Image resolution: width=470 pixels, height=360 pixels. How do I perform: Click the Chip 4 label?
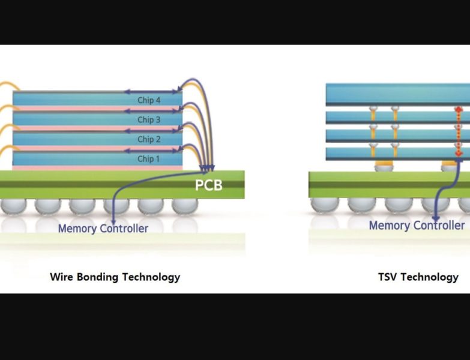(149, 100)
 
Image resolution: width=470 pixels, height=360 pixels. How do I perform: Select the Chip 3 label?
(149, 119)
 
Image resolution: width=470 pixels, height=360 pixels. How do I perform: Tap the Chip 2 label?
(149, 139)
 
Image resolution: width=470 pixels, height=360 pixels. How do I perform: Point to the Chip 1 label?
(149, 159)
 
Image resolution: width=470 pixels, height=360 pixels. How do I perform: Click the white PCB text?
(208, 185)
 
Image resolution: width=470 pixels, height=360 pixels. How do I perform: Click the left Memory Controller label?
(103, 228)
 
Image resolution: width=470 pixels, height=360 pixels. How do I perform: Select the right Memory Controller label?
(417, 226)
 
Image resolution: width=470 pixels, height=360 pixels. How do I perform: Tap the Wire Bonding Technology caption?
(115, 277)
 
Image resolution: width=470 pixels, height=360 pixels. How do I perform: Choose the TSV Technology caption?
(418, 277)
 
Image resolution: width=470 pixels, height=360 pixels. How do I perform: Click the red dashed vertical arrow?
(459, 131)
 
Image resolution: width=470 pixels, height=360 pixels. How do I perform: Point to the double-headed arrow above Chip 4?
(152, 92)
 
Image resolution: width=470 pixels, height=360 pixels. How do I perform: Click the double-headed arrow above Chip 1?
(152, 151)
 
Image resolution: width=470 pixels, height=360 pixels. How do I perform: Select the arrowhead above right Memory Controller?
(436, 218)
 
